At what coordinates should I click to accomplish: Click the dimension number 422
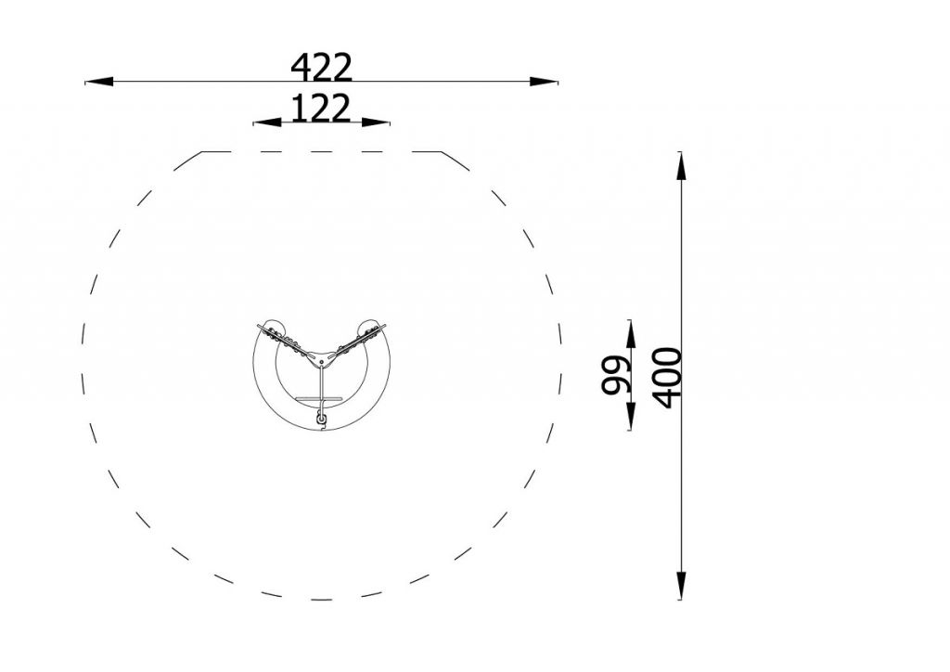[321, 67]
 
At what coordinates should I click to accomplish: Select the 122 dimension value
[321, 108]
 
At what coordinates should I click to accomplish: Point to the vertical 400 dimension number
[668, 378]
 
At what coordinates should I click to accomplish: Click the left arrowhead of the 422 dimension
[98, 81]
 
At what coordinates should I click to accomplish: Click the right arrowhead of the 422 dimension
[544, 81]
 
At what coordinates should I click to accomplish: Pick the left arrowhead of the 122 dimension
[267, 123]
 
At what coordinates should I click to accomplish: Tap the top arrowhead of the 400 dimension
[681, 165]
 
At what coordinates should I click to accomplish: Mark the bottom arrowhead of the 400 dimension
[681, 586]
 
